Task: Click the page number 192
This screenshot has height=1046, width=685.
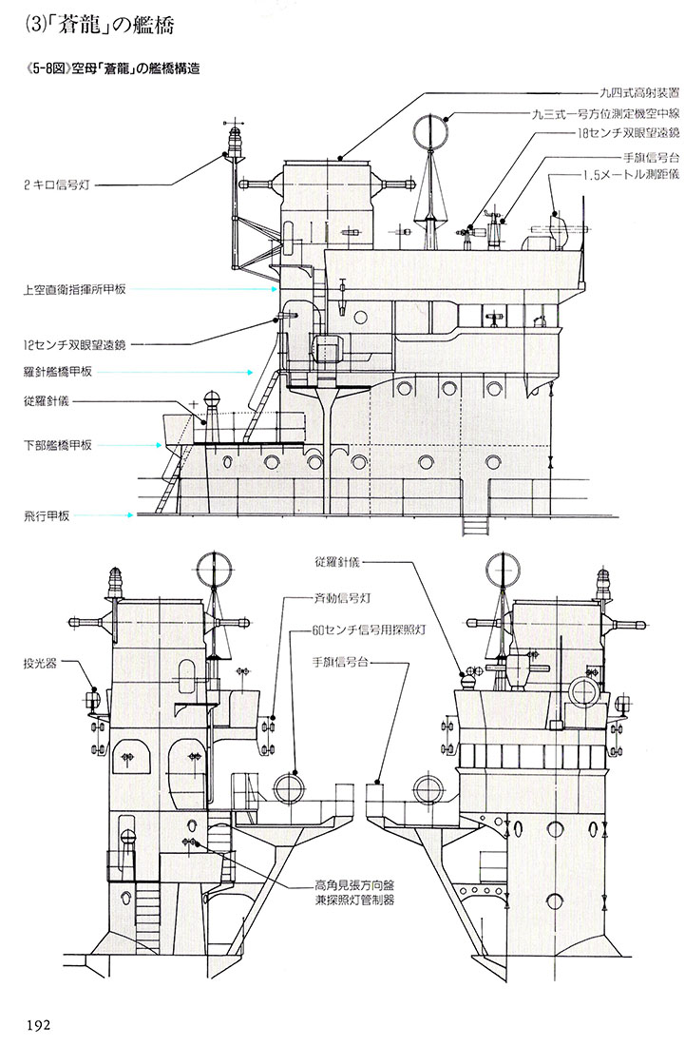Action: [38, 1025]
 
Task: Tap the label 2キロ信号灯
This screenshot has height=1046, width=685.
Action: [56, 184]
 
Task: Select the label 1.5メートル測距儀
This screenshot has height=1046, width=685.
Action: [621, 175]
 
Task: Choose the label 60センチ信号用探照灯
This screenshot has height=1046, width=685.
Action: [369, 630]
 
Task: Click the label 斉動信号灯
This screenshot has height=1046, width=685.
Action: [341, 598]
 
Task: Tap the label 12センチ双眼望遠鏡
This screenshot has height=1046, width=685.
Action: [74, 345]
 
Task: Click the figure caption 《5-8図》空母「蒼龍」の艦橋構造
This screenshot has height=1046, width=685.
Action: [110, 68]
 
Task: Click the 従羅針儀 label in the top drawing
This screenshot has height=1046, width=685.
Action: [46, 401]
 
